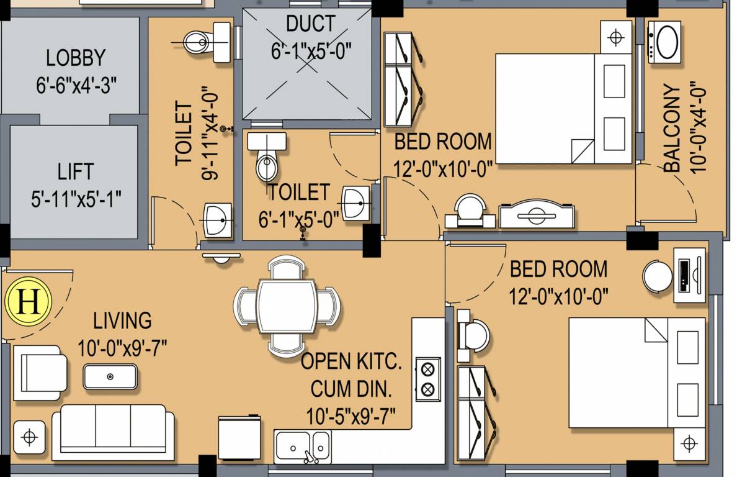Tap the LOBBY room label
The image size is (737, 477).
pyautogui.click(x=76, y=58)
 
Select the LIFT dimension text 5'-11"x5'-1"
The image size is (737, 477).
pyautogui.click(x=76, y=199)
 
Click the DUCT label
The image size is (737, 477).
pyautogui.click(x=310, y=24)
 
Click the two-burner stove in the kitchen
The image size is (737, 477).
pyautogui.click(x=427, y=379)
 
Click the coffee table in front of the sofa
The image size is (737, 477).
pyautogui.click(x=110, y=376)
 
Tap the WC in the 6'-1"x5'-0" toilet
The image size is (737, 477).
pyautogui.click(x=267, y=157)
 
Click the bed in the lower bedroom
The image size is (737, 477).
pyautogui.click(x=637, y=373)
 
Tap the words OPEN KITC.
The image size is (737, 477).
pyautogui.click(x=351, y=362)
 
